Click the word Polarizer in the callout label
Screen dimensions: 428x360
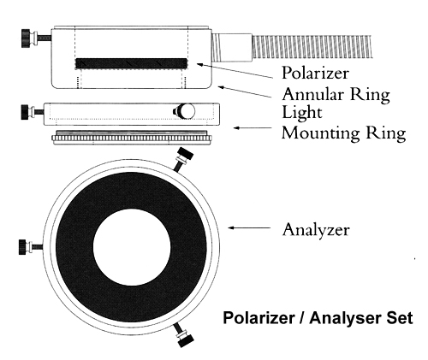pos(315,74)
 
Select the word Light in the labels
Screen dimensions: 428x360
pos(302,112)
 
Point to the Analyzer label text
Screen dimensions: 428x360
pos(316,229)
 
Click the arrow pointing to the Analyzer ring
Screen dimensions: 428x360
pos(249,227)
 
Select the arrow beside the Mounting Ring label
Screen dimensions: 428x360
pos(253,128)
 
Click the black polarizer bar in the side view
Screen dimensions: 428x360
pos(131,63)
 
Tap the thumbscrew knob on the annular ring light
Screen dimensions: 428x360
pos(36,38)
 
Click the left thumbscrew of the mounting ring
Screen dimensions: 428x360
pos(33,112)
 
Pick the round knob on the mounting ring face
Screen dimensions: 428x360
pos(184,111)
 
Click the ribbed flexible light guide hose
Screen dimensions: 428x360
pos(312,47)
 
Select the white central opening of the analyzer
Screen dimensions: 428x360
pos(132,247)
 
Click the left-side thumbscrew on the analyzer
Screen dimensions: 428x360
pos(31,247)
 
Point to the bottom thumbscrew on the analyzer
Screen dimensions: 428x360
pos(183,335)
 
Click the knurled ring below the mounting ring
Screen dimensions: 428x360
pos(132,138)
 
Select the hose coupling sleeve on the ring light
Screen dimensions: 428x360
pos(232,47)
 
